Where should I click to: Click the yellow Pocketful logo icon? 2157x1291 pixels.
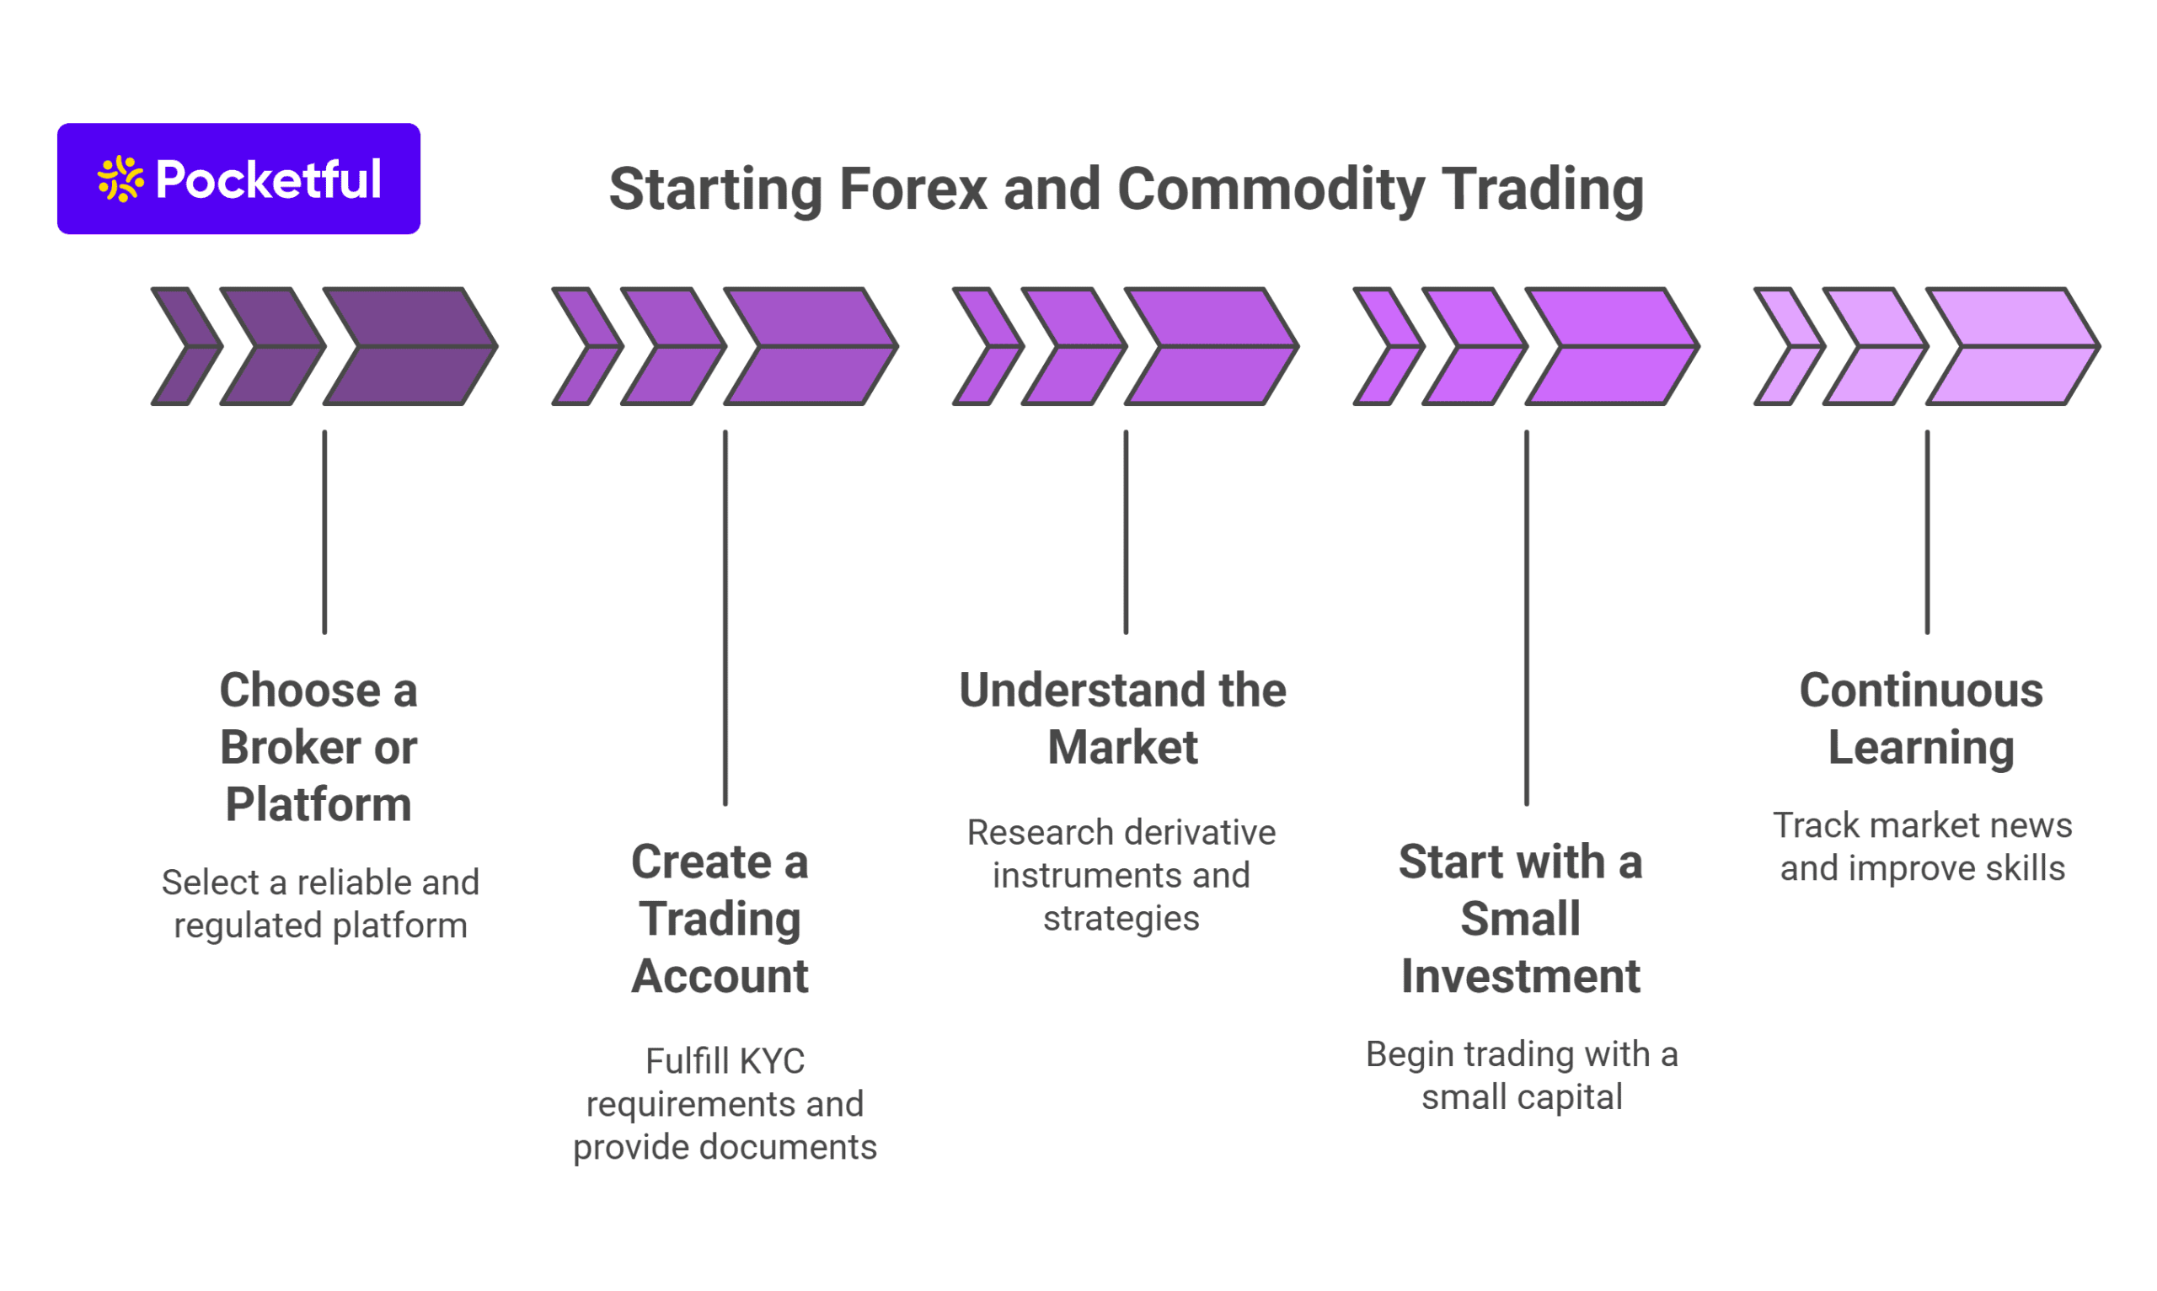(120, 179)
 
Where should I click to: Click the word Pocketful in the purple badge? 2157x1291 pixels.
(268, 180)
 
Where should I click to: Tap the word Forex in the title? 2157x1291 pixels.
(913, 189)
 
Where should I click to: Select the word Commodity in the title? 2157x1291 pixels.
(1271, 189)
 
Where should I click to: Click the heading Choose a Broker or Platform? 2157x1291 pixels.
(318, 746)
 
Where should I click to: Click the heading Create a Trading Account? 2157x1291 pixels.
(720, 919)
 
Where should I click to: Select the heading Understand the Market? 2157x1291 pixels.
(1122, 718)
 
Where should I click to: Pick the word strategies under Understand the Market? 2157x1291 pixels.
(1121, 919)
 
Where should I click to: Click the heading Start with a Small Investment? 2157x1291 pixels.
(1520, 919)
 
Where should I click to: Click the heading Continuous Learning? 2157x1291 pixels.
(1920, 718)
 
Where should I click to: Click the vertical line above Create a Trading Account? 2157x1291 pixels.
(725, 617)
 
